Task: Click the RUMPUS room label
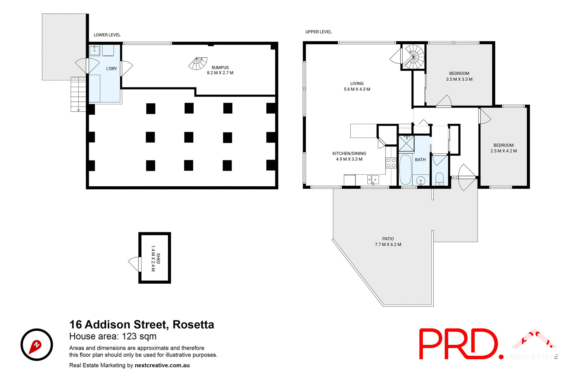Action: (x=220, y=68)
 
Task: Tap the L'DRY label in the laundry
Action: (x=111, y=68)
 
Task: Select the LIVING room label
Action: (x=357, y=84)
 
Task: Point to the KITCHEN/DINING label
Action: (x=349, y=154)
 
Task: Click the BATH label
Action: (x=420, y=160)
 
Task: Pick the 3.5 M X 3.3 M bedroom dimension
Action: (x=459, y=79)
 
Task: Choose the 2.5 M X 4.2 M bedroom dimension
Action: (x=503, y=151)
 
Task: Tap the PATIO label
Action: (x=388, y=239)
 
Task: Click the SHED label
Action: (x=158, y=258)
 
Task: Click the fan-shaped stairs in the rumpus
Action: (x=198, y=64)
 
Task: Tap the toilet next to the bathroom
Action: (x=439, y=179)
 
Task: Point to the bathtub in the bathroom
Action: (x=405, y=170)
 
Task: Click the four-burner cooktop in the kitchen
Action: (x=391, y=163)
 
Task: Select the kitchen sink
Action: (x=373, y=179)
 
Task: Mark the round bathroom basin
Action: (x=420, y=180)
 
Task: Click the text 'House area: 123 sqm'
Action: (x=113, y=336)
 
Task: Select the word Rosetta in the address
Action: (x=193, y=324)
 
